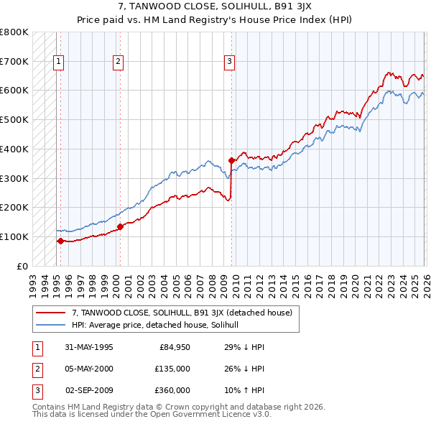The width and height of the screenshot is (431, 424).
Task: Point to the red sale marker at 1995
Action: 61,241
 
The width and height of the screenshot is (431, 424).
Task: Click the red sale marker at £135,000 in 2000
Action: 120,226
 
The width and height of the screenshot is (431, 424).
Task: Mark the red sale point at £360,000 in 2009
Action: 231,160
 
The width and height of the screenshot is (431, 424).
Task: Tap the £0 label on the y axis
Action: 22,266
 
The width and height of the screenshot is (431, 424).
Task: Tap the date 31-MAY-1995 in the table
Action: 89,347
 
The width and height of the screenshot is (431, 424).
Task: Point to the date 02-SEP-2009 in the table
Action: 89,390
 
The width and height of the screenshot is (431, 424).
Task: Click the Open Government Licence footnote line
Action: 152,415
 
